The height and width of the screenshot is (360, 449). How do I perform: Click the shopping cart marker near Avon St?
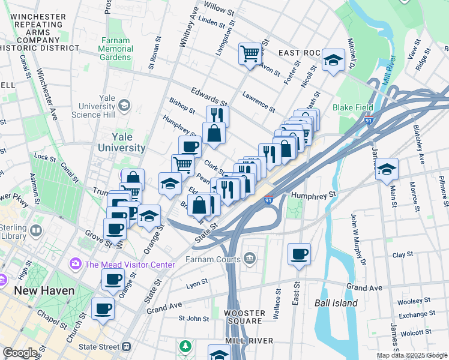coord(250,53)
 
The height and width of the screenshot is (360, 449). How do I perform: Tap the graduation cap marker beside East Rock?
coord(333,60)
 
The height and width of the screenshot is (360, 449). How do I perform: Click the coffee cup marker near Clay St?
coord(299,254)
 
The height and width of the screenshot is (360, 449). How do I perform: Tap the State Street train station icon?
coord(127,347)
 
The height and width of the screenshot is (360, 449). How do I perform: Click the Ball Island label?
coord(336,303)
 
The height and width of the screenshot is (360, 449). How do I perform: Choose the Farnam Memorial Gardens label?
coord(116,49)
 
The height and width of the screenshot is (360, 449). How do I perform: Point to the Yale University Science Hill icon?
coord(124,106)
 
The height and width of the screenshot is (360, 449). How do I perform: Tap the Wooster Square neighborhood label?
coord(244,317)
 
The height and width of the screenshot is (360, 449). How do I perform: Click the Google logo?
coord(20,353)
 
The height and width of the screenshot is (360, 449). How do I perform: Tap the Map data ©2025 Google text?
coord(412,356)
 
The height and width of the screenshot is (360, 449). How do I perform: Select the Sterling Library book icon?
coord(36,230)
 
